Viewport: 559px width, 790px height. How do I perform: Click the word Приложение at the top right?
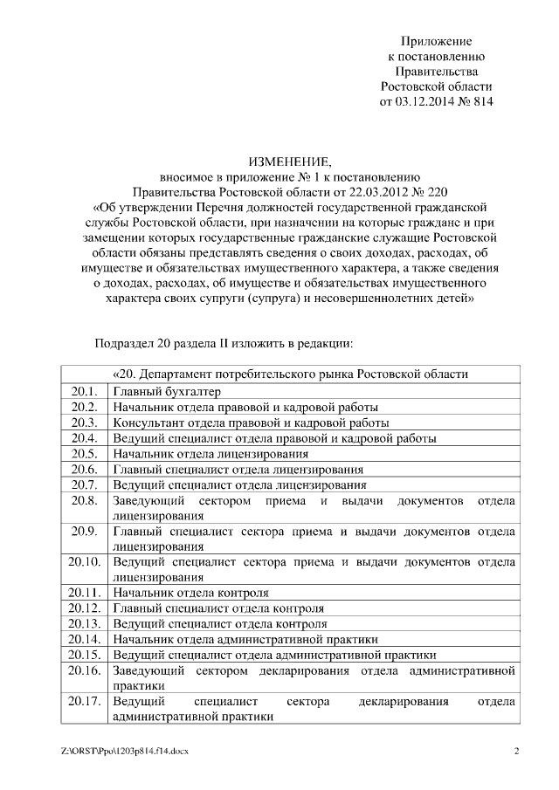point(436,41)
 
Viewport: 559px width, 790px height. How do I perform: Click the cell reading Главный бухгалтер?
point(167,391)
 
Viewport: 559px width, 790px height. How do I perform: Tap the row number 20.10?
point(85,561)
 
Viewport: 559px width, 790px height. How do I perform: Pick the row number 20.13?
point(85,624)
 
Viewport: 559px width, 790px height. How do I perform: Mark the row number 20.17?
point(85,702)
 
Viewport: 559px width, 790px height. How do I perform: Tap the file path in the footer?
point(125,752)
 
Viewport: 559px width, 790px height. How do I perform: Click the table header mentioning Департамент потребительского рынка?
point(290,374)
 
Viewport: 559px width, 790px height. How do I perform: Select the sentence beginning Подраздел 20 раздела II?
point(223,342)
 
